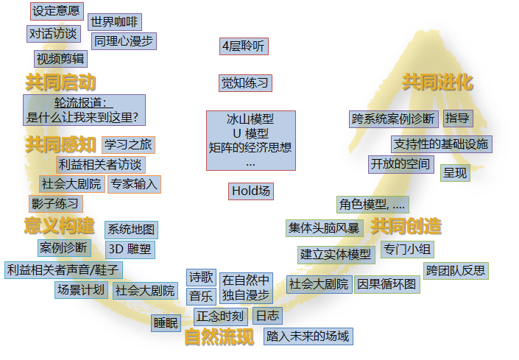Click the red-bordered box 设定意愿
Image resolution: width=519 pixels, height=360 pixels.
pos(57,11)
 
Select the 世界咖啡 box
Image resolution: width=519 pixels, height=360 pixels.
pos(115,22)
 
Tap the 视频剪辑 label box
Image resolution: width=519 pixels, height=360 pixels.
pos(60,59)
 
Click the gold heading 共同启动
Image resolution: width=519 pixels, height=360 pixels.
pos(60,82)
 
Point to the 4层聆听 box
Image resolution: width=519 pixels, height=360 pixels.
pos(244,46)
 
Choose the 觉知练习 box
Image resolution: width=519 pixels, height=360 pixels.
pos(245,83)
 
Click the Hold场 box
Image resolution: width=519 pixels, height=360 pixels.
pos(251,191)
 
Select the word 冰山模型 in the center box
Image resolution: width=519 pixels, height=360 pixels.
pos(250,119)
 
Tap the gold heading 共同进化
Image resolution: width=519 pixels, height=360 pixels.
pos(437,82)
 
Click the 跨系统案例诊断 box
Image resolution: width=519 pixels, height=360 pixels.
pos(394,119)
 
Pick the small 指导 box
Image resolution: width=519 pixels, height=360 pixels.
pos(458,119)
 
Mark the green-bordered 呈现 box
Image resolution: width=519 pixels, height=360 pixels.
pos(455,173)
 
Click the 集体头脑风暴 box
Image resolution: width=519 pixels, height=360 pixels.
pos(325,228)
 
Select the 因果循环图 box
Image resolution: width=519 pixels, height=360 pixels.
pos(387,285)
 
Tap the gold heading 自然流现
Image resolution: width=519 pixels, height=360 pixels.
pos(219,337)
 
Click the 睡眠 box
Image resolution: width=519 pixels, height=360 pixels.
pos(166,323)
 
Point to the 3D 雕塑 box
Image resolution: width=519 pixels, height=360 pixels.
pos(130,250)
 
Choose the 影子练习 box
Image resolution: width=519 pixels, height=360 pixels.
pos(56,204)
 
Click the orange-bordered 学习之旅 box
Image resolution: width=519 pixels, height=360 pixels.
pos(128,145)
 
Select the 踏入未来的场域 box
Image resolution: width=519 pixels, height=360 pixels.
pos(308,336)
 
